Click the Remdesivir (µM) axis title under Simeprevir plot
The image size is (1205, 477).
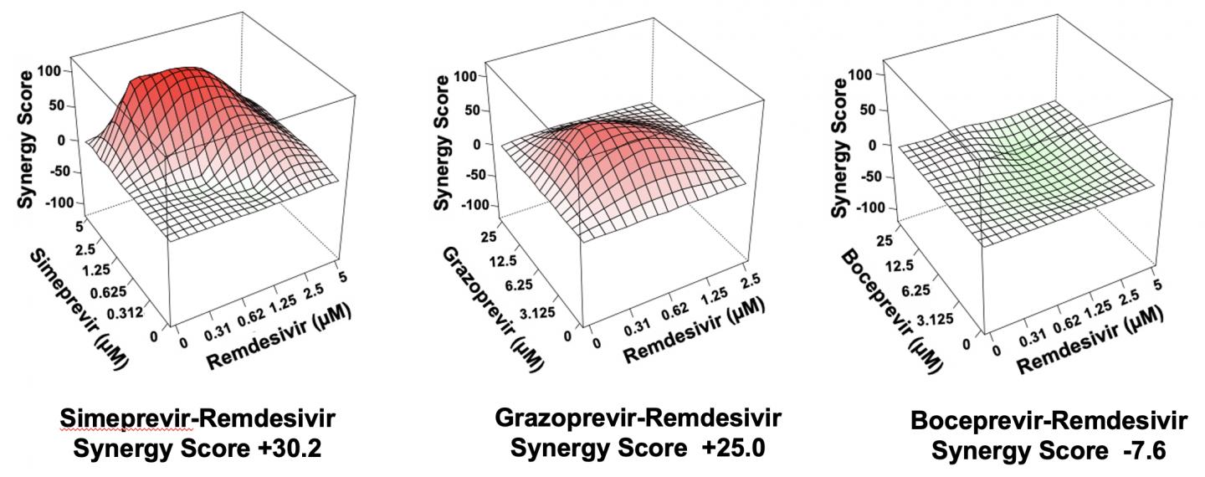[276, 338]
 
